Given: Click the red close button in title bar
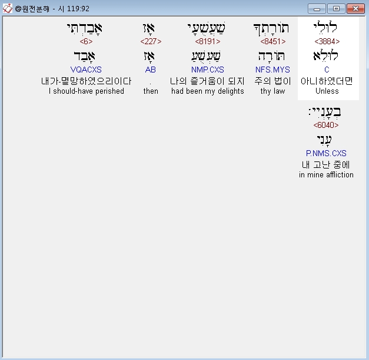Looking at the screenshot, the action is [x=355, y=9].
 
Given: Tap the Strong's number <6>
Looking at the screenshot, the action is [x=86, y=42].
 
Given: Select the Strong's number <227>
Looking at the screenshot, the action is [x=151, y=42].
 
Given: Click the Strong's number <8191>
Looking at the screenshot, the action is [x=208, y=42].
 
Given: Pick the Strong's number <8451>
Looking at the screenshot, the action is [x=272, y=42].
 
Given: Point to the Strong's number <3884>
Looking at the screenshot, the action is [x=327, y=42].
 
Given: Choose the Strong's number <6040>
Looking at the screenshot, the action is [x=326, y=125].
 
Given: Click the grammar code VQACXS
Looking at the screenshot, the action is [x=86, y=70].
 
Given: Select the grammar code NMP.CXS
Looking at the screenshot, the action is [x=208, y=70].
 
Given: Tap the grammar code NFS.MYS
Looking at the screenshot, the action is [x=272, y=70].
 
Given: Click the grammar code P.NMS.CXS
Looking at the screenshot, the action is [x=326, y=154].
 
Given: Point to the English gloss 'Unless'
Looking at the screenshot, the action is [x=327, y=91].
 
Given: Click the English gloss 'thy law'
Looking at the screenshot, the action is [x=272, y=91].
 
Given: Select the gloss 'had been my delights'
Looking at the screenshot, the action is [x=208, y=91].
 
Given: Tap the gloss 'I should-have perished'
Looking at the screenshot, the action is [x=86, y=91].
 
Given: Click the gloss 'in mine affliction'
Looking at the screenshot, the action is [x=326, y=175].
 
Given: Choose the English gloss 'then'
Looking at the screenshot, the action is [x=151, y=91].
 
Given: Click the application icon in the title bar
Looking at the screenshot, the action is [x=8, y=9].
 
